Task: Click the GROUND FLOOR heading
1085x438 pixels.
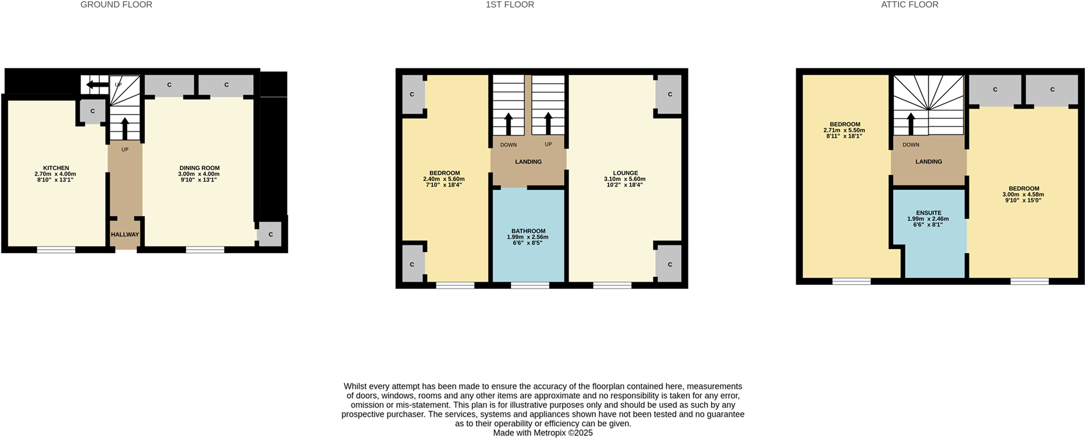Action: pos(116,5)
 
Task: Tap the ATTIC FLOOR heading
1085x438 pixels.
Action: pos(909,5)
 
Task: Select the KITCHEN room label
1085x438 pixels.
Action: pos(56,168)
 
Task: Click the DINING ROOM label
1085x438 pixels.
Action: pos(199,168)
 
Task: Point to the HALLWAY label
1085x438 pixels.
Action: pos(125,234)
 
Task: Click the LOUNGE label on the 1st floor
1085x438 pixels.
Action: pos(625,173)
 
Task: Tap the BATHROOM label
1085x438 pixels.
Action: pos(528,231)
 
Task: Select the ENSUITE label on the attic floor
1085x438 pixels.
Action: pos(928,213)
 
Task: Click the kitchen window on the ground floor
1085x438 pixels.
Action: pos(56,249)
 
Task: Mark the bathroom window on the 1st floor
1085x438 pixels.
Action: pos(530,285)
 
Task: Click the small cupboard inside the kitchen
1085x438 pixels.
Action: pos(93,111)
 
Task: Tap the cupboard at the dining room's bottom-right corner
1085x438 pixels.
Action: pos(270,234)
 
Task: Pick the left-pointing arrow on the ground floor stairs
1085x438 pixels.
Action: pos(97,84)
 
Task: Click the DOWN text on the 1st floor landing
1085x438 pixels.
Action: pos(508,145)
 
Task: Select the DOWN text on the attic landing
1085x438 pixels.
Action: pos(911,145)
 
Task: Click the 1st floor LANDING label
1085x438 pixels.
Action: pos(528,162)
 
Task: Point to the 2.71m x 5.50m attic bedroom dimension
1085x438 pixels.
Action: pos(844,130)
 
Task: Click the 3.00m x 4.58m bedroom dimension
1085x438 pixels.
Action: pos(1023,194)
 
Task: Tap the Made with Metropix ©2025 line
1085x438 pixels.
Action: pos(542,433)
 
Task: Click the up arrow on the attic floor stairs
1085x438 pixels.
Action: pos(911,123)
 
